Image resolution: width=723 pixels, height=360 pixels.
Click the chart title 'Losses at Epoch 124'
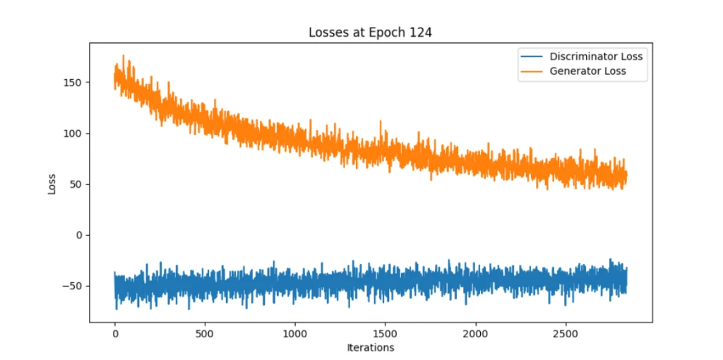pos(371,32)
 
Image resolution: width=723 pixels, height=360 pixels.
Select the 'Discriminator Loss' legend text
pos(596,56)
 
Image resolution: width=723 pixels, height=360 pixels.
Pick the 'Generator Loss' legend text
pos(587,71)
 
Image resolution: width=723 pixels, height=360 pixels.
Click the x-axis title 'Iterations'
pos(371,347)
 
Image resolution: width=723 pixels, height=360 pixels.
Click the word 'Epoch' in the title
pos(388,33)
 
